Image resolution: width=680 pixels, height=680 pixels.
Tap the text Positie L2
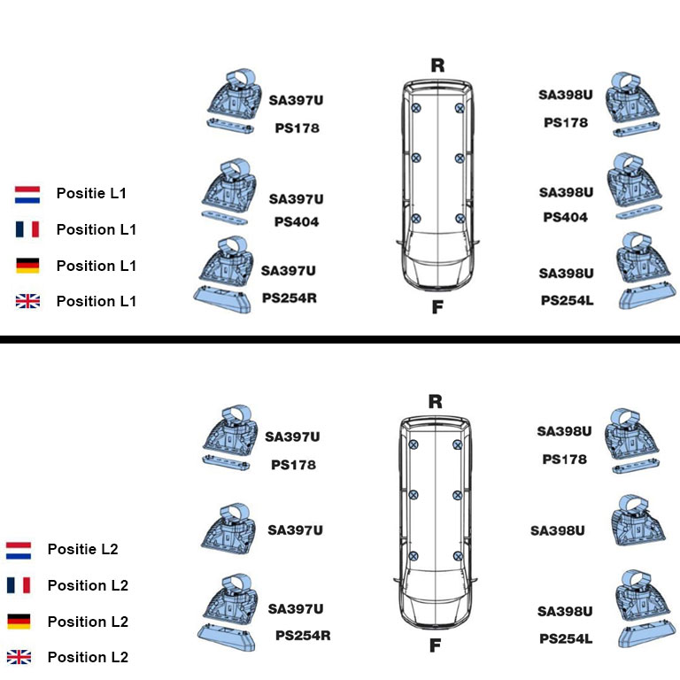tap(82, 549)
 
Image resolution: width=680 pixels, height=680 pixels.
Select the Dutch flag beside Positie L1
tap(27, 194)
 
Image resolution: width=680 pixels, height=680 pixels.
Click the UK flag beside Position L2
tap(19, 657)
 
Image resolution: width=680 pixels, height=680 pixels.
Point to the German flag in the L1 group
tap(27, 266)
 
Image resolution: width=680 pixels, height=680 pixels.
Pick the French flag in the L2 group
tap(19, 585)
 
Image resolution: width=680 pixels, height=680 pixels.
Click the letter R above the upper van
tap(437, 65)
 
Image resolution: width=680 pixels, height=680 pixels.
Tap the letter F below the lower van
tap(435, 645)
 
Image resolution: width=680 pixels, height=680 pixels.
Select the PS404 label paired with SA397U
tap(296, 222)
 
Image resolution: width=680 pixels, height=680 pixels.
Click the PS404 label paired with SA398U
tap(565, 217)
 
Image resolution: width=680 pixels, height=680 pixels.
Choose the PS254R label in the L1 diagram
tap(289, 298)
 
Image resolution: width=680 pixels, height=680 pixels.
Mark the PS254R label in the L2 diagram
tap(303, 635)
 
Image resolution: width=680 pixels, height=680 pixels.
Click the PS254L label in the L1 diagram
tap(567, 300)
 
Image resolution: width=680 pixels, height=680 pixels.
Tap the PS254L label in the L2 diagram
tap(566, 637)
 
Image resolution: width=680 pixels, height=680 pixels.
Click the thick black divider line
tap(340, 339)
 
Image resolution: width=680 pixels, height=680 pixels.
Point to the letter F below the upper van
tap(437, 308)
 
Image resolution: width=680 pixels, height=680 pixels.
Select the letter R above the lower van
tap(435, 401)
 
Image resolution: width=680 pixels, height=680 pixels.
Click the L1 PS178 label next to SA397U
tap(297, 128)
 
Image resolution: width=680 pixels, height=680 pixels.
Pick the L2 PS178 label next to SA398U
tap(564, 460)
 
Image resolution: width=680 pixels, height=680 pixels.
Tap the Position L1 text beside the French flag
tap(97, 229)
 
